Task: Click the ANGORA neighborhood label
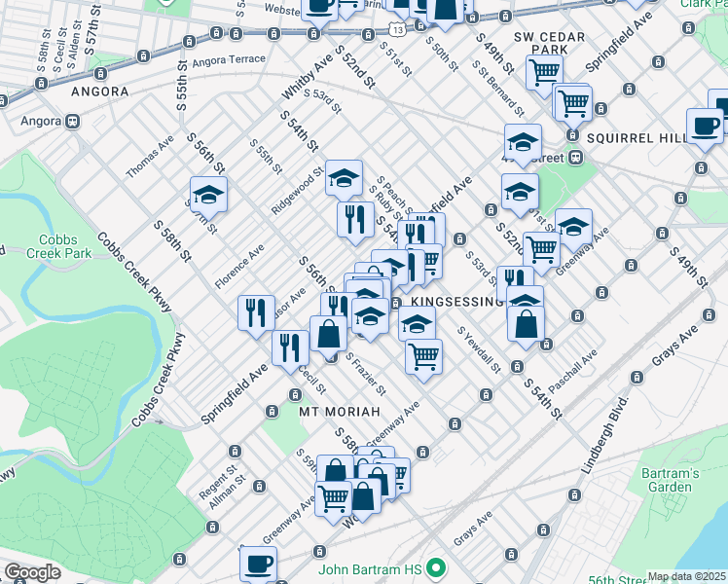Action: coord(100,91)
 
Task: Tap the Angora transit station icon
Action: coord(72,123)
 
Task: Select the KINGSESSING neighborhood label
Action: coord(453,302)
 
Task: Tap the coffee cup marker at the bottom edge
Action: coord(258,563)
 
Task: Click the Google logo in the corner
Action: coord(32,572)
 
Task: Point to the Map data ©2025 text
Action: coord(686,576)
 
